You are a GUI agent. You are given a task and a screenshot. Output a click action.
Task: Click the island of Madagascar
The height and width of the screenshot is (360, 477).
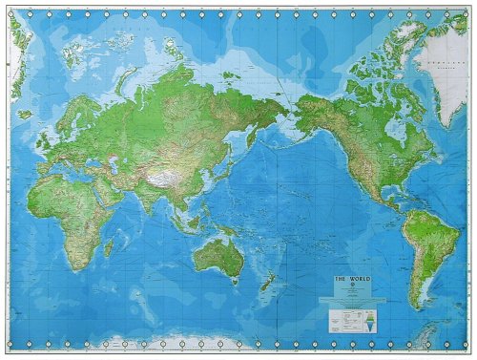click(x=109, y=244)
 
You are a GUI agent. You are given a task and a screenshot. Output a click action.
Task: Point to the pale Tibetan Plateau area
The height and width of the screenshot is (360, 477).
click(x=156, y=175)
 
